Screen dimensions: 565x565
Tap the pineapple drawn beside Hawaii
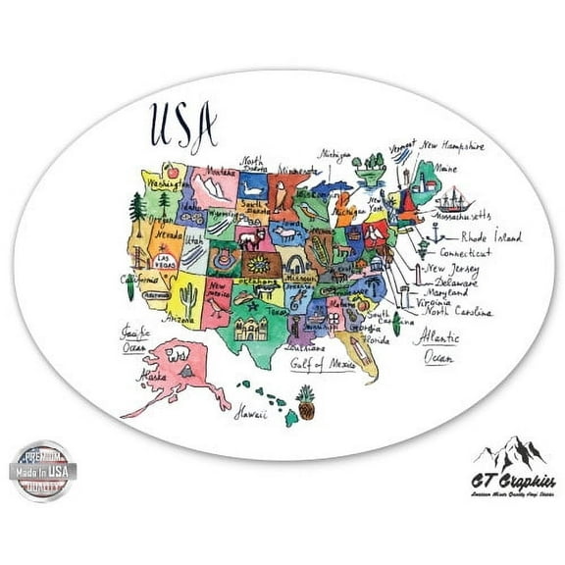[x=307, y=402]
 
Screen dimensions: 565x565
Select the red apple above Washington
[x=172, y=169]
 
